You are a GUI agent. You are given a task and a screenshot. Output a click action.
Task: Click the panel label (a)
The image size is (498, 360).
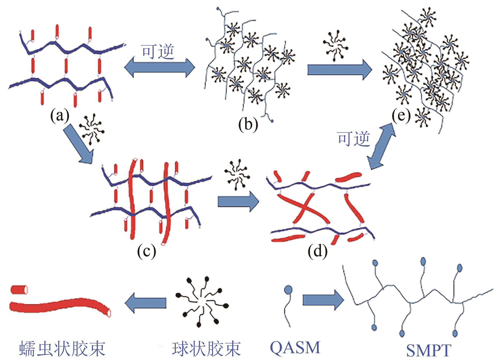tap(60, 115)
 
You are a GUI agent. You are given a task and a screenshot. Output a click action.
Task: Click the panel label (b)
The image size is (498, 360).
tap(248, 124)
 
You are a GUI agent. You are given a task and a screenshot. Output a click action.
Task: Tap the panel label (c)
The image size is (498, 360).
tap(146, 251)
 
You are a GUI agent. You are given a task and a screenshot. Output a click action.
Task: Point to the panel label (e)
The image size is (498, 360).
tap(401, 116)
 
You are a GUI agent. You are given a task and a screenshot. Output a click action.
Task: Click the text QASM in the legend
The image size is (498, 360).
tap(295, 348)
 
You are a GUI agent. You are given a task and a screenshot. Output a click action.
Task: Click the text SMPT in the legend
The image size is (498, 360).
tap(429, 350)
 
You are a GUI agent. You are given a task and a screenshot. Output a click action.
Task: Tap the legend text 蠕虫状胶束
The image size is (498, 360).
tap(62, 349)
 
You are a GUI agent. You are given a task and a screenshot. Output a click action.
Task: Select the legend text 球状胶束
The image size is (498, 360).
tap(207, 349)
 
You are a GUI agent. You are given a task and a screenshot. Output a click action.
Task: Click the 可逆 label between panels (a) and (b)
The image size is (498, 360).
tap(158, 52)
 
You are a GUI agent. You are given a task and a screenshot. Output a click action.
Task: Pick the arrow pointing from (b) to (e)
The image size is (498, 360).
tap(339, 69)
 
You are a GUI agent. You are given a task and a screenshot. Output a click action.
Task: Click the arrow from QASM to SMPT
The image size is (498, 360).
tap(323, 300)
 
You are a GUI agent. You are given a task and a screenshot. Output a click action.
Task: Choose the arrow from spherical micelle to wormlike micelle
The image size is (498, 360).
tap(146, 302)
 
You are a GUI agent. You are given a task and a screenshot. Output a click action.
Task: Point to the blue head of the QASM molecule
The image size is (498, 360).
tap(288, 289)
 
